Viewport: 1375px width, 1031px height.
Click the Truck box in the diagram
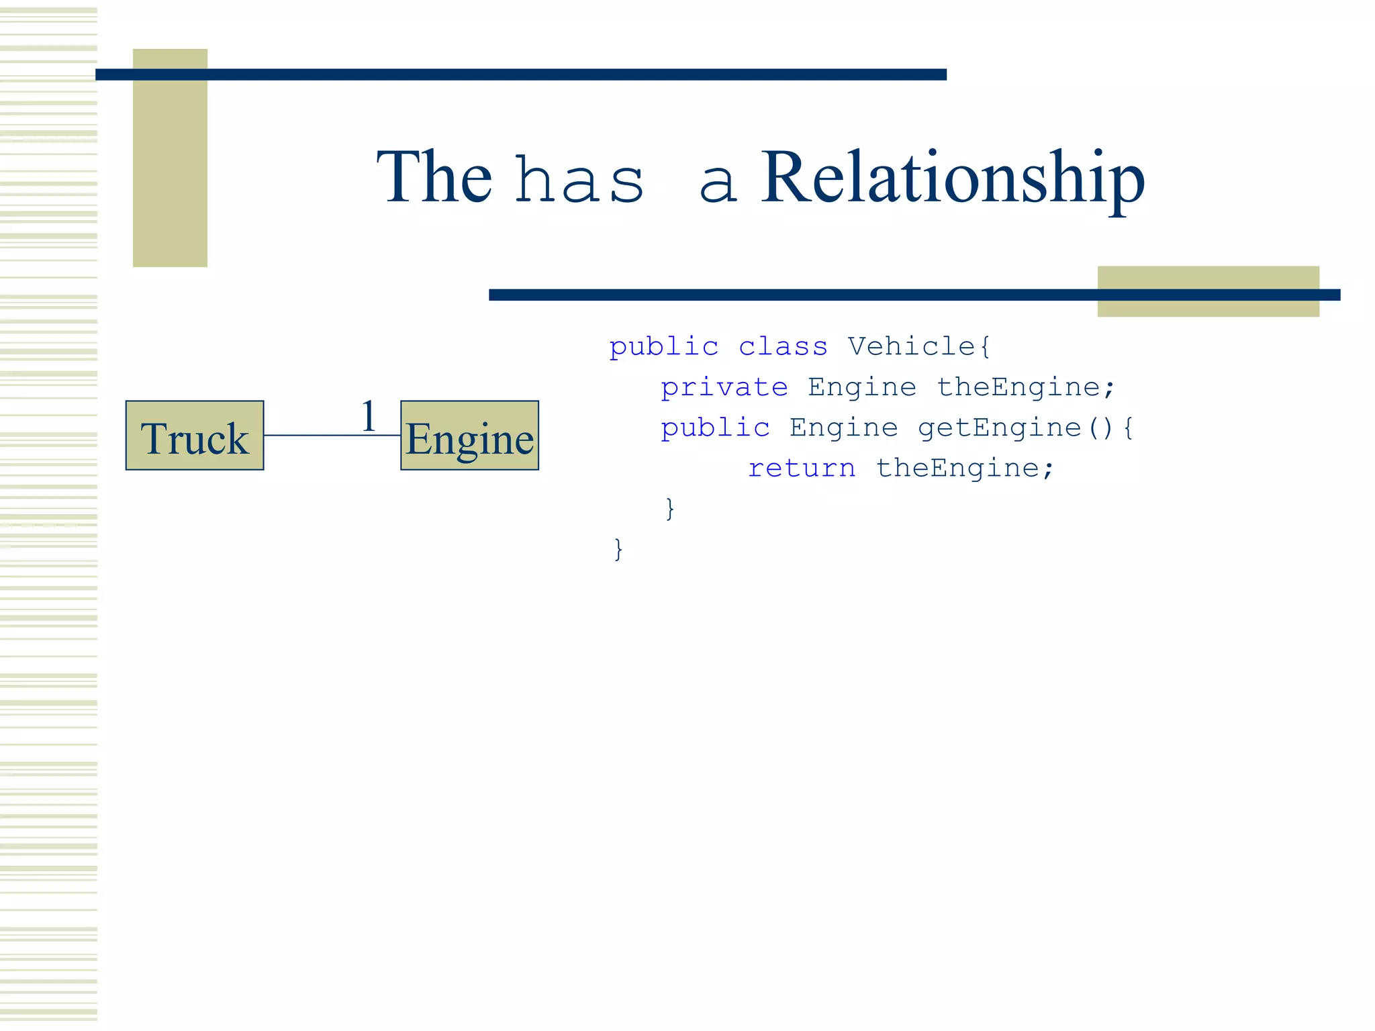[x=195, y=436]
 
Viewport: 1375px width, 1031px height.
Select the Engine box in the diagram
[x=469, y=436]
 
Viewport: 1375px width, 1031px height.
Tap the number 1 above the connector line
[x=368, y=416]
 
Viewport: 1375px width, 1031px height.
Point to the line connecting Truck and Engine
[x=316, y=436]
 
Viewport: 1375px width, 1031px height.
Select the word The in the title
[x=434, y=177]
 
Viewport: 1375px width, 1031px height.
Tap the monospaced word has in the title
[x=580, y=181]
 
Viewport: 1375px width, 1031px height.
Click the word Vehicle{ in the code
[x=918, y=346]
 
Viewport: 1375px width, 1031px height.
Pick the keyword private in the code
[x=724, y=387]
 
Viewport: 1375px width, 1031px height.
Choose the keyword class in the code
[x=783, y=346]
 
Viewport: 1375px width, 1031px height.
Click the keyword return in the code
[x=802, y=468]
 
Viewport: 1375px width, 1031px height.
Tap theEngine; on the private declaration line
[x=1026, y=387]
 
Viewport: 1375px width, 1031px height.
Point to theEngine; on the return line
[x=965, y=468]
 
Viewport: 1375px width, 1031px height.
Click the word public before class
[x=664, y=347]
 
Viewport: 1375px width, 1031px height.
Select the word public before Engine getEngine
[x=715, y=428]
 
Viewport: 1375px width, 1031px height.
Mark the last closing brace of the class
[x=618, y=549]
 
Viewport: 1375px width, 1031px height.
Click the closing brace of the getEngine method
[x=669, y=508]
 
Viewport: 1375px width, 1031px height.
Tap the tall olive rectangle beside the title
[x=170, y=158]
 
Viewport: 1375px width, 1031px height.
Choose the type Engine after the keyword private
[x=862, y=387]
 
